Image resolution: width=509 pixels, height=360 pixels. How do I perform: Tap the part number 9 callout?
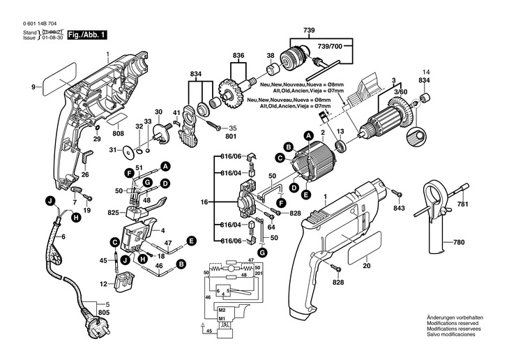point(33,87)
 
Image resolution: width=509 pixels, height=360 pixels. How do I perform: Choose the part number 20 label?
point(367,265)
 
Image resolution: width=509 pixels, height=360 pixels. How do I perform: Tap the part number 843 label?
point(398,208)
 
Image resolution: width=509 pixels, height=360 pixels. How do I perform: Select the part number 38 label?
point(270,55)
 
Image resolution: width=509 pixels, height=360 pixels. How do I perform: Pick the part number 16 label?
point(205,201)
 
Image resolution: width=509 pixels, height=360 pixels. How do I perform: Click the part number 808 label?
point(119,133)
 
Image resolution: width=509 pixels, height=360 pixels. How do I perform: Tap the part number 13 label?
point(341,130)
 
